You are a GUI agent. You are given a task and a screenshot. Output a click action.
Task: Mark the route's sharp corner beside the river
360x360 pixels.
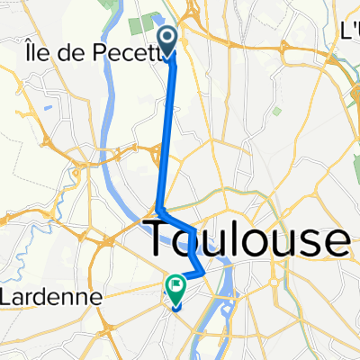tap(158, 209)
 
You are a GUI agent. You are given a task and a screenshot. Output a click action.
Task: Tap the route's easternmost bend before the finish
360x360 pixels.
tap(203, 271)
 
